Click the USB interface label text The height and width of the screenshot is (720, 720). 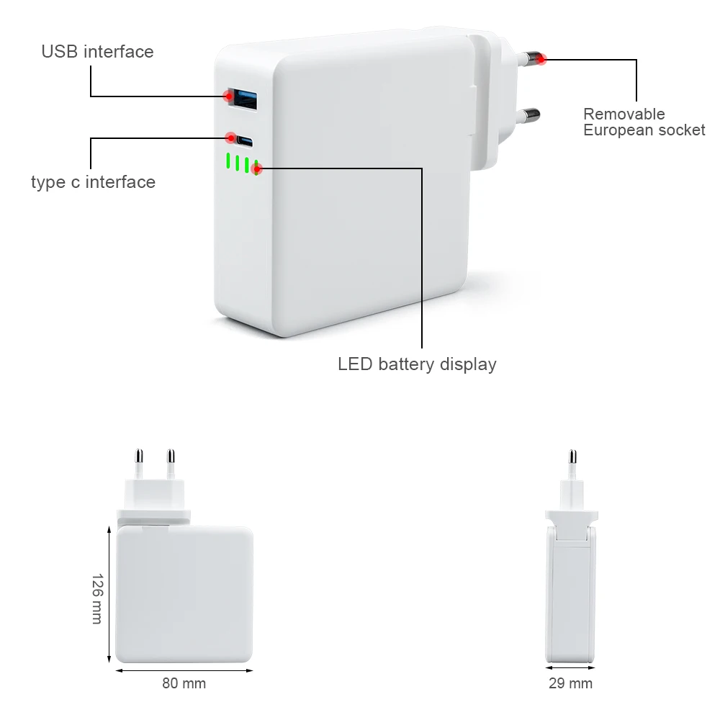97,52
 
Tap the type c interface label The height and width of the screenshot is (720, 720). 93,182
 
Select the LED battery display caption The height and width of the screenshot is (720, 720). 417,364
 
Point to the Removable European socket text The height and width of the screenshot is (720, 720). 644,122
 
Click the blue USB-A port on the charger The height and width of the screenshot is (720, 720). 241,98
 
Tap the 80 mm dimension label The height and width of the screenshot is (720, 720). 184,683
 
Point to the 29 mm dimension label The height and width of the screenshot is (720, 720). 570,683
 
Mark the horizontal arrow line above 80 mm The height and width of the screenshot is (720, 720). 184,670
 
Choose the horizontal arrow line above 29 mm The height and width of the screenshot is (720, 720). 571,670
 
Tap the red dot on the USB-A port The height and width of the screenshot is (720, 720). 229,95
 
